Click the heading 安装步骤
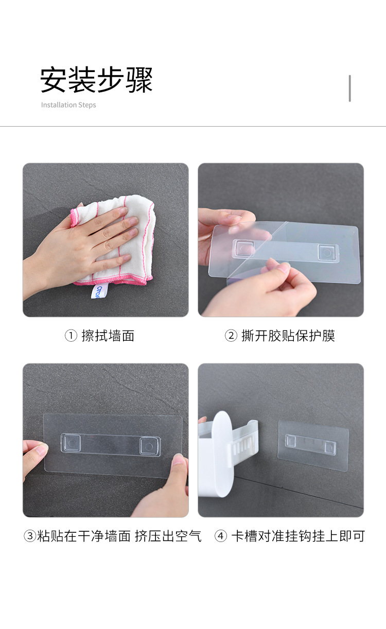(96, 80)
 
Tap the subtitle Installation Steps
(68, 104)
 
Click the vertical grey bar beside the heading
(350, 88)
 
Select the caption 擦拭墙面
(108, 336)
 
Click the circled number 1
(71, 336)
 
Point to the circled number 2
(231, 336)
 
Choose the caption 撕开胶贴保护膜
(288, 336)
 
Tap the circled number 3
(30, 536)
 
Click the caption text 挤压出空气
(168, 536)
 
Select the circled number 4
(221, 536)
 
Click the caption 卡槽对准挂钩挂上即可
(298, 536)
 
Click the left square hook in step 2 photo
(243, 249)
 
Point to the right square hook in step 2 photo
(328, 252)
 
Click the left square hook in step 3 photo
(71, 443)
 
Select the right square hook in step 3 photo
(150, 446)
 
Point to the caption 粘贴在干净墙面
(84, 536)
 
